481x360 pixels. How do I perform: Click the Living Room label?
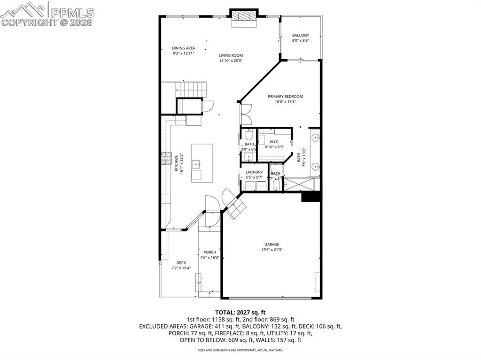point(231,55)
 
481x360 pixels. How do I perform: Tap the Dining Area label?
point(183,48)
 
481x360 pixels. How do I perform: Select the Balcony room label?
point(300,35)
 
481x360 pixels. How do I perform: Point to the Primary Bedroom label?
point(285,96)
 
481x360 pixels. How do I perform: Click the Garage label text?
point(272,244)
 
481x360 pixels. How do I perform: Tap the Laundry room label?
point(254,172)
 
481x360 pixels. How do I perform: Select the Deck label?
point(181,262)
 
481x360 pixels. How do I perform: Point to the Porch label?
point(209,252)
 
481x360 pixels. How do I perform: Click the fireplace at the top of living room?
point(244,15)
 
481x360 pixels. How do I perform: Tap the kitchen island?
point(202,162)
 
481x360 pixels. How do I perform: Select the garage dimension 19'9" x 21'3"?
point(272,250)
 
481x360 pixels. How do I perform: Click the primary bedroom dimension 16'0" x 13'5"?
point(285,101)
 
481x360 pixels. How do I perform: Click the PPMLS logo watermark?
point(47,13)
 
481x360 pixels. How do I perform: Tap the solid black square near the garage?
point(310,196)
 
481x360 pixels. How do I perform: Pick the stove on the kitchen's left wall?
point(165,161)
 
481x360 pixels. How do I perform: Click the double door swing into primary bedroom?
point(246,114)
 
